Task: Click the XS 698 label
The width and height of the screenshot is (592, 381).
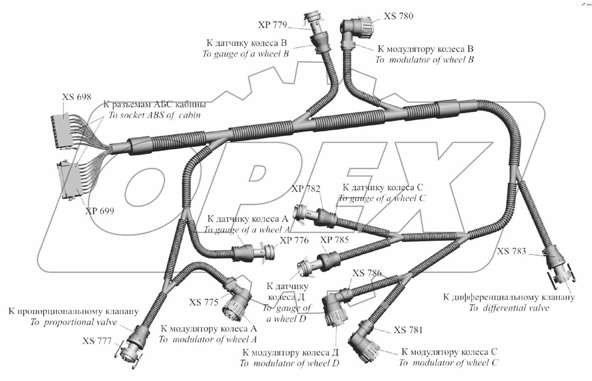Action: point(77,97)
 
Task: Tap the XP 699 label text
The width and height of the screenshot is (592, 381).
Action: point(100,211)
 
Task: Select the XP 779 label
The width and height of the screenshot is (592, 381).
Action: point(272,25)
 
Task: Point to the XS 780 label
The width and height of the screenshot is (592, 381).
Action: point(398,16)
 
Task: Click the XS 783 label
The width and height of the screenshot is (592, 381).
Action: point(511,251)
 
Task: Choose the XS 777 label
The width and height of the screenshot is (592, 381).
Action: point(97,341)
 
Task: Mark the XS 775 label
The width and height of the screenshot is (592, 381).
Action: point(204,302)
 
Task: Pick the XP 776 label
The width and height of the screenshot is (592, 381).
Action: point(294,240)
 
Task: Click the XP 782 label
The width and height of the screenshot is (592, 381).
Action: point(306,189)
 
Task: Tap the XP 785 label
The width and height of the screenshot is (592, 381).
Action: point(334,240)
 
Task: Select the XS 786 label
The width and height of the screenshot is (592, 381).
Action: point(367,273)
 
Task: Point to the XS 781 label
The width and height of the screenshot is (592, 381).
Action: point(408,330)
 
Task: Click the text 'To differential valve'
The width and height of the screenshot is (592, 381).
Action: point(509,308)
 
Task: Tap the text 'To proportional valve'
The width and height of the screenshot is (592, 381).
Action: point(74,322)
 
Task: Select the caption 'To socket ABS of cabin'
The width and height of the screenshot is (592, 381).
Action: point(154,115)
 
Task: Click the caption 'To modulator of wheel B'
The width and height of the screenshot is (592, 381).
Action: point(424,60)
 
